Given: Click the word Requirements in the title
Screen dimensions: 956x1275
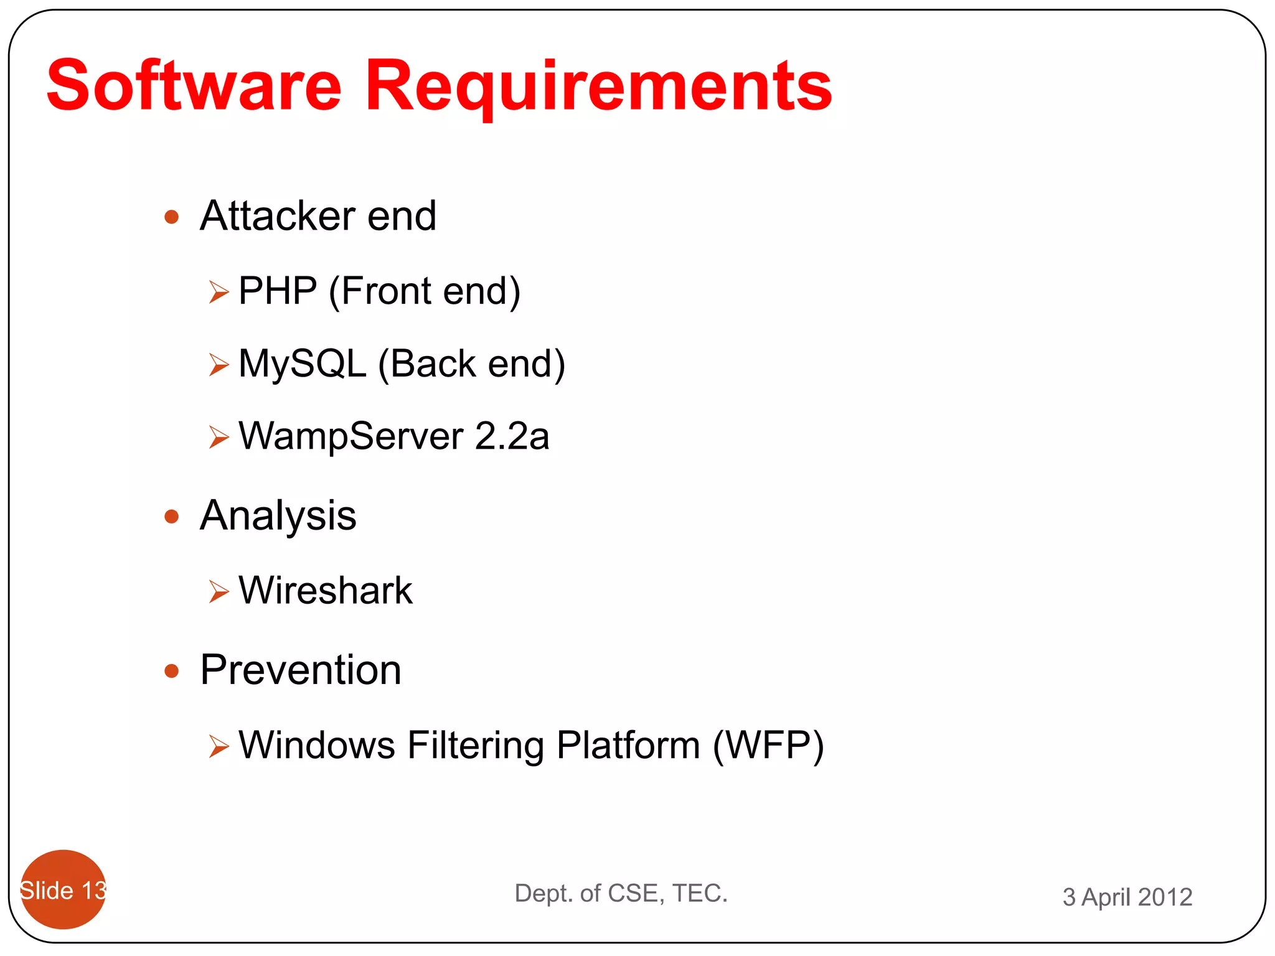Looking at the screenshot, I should (598, 87).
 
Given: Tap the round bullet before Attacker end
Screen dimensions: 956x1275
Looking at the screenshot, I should (172, 217).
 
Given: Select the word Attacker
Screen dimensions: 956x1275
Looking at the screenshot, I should (278, 216).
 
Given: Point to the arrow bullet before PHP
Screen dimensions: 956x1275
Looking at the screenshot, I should (219, 291).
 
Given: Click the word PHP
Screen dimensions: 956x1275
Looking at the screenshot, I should (278, 291).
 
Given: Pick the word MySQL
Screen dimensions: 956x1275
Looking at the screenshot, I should (303, 364).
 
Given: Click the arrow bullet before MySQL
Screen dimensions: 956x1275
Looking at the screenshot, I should (219, 364).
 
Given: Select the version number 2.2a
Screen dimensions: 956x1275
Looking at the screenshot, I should (512, 436).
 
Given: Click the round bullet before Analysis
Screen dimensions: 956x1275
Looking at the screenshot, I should (172, 517).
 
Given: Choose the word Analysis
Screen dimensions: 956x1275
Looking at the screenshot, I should (278, 517).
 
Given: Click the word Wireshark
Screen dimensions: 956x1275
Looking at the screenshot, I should (326, 590).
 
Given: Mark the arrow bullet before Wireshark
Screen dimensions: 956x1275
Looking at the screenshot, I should (219, 591).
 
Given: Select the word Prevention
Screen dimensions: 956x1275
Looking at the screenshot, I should (301, 670).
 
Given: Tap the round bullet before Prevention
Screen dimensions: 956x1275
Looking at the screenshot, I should (172, 671).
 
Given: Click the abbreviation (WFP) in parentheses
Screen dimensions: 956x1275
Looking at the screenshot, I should (768, 745).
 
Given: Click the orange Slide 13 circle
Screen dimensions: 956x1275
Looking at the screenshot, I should (63, 889).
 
